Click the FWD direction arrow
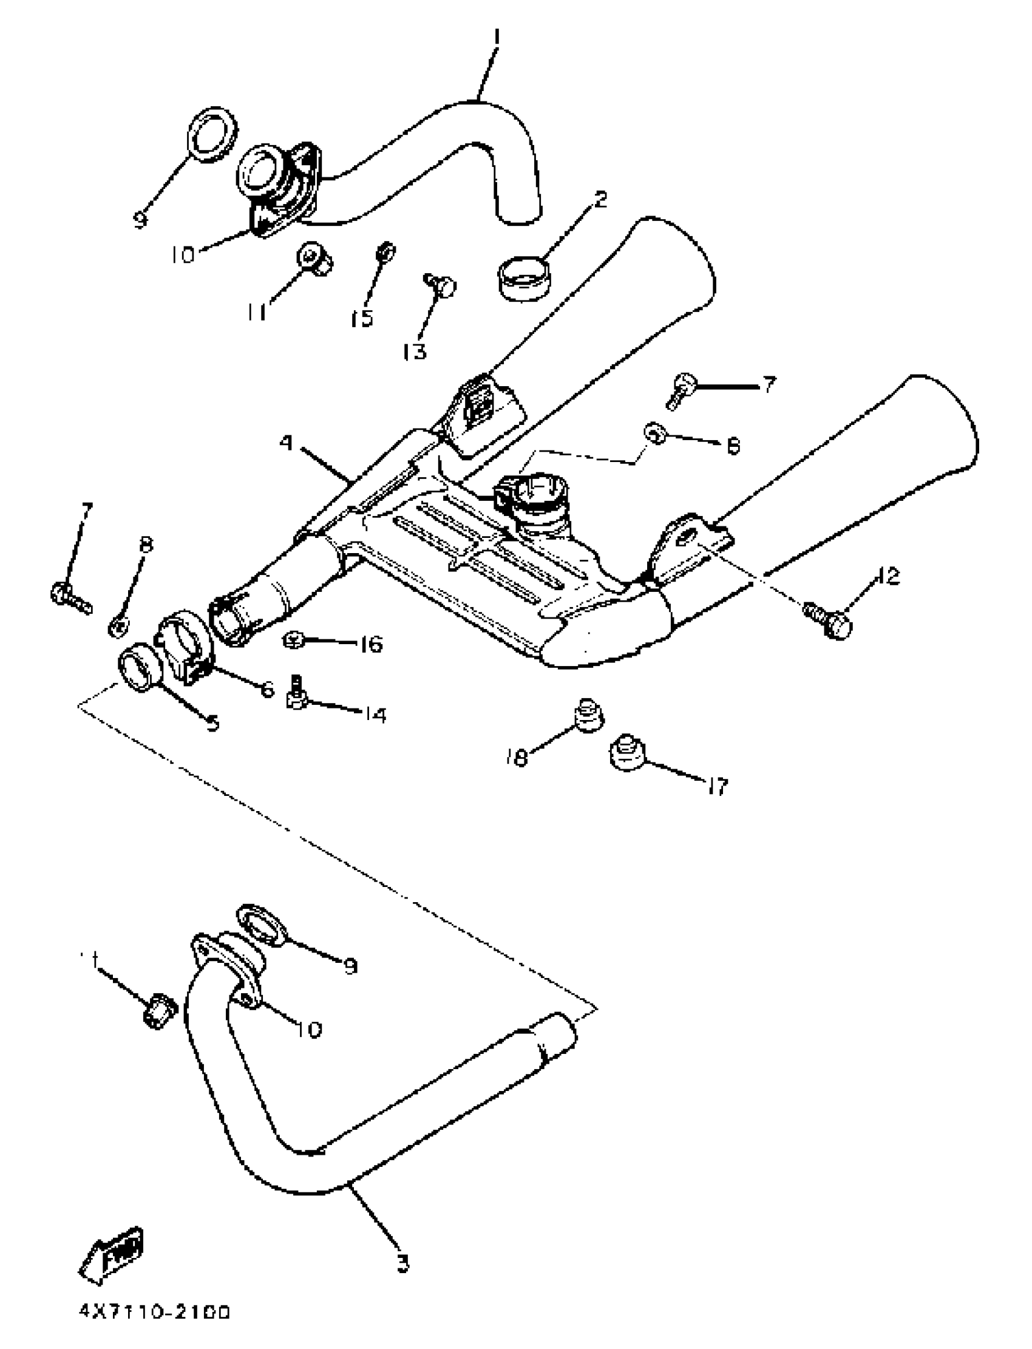tap(113, 1254)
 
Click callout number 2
tap(600, 199)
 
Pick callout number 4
tap(287, 443)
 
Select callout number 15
tap(362, 318)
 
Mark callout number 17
tap(717, 786)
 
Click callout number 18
tap(517, 759)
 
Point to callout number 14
tap(374, 714)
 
